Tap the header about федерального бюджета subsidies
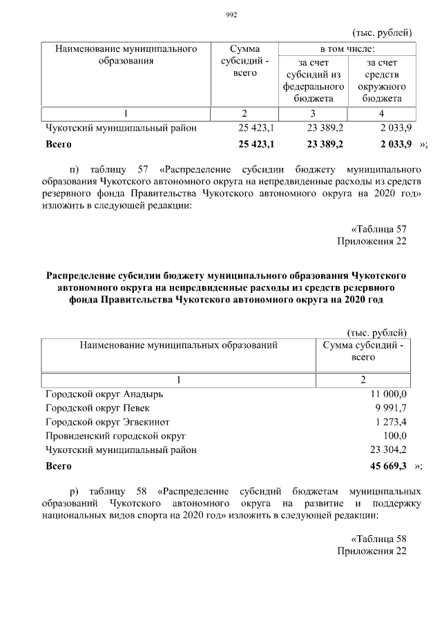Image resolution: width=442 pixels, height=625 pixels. pyautogui.click(x=313, y=81)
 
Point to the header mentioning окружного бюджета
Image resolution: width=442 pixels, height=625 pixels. pyautogui.click(x=381, y=81)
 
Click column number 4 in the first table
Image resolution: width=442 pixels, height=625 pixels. pyautogui.click(x=381, y=113)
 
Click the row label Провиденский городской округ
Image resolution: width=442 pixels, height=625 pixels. pyautogui.click(x=115, y=436)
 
